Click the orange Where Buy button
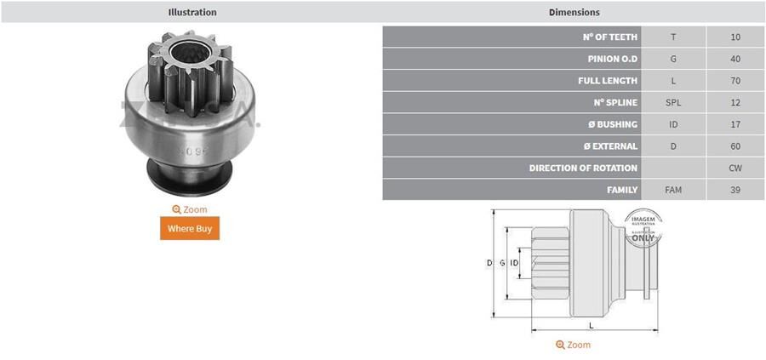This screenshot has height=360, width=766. pos(190,228)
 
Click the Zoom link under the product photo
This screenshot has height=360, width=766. pos(190,209)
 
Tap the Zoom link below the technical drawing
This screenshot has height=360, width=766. pos(573,345)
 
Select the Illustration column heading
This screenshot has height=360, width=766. pos(192,12)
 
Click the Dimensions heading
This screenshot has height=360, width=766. pos(574,12)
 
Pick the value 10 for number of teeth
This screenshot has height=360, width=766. pos(735,37)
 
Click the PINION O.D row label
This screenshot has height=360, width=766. pos(613,59)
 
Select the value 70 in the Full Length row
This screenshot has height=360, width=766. pos(735,81)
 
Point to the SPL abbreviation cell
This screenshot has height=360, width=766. pos(673,103)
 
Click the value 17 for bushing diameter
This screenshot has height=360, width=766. pos(735,124)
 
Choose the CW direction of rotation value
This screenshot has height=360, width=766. pos(735,169)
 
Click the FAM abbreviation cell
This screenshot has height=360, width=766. pos(673,190)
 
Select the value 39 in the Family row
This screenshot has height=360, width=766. pos(735,190)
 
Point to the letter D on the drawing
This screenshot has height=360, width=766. pos(489,264)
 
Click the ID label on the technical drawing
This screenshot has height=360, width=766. pos(514,264)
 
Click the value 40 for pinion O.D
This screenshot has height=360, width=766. pos(735,59)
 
